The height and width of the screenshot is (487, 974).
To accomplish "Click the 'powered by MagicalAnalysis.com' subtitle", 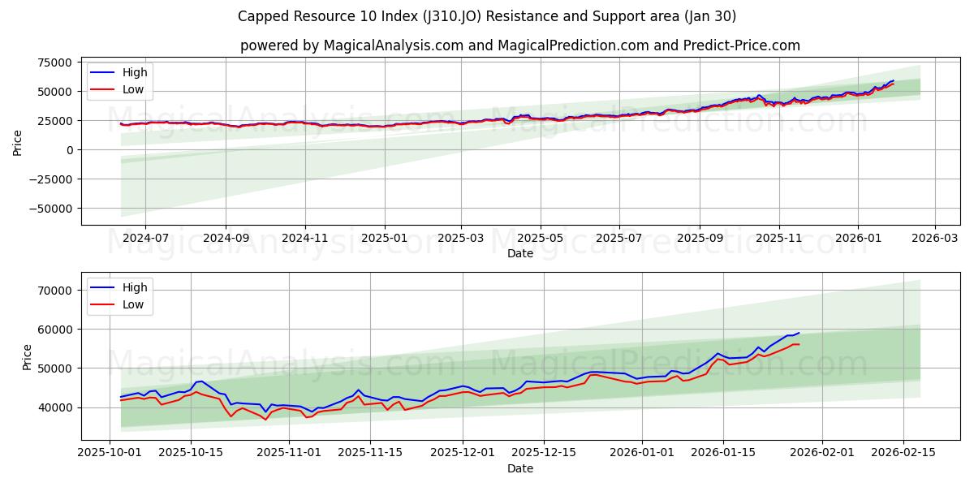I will pyautogui.click(x=519, y=45).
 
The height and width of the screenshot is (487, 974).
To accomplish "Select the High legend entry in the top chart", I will pyautogui.click(x=135, y=72).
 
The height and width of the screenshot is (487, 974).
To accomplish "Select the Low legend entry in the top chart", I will pyautogui.click(x=133, y=89).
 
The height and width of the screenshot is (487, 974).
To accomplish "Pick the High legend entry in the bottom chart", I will pyautogui.click(x=135, y=287).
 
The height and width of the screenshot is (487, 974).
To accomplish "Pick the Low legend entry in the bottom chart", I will pyautogui.click(x=133, y=304).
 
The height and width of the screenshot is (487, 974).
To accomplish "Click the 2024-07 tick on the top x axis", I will pyautogui.click(x=145, y=239).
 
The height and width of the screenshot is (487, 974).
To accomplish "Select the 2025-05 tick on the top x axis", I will pyautogui.click(x=540, y=239).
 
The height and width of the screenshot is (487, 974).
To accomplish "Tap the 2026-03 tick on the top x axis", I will pyautogui.click(x=935, y=239).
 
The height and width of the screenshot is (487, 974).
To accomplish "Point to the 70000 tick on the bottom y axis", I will pyautogui.click(x=55, y=291).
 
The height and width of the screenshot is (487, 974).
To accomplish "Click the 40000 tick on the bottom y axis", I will pyautogui.click(x=55, y=407).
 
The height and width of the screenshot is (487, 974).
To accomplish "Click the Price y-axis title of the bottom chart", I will pyautogui.click(x=28, y=357).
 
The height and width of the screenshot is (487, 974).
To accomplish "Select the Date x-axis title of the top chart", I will pyautogui.click(x=519, y=253).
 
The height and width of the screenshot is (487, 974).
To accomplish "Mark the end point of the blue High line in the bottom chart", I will pyautogui.click(x=799, y=333).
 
